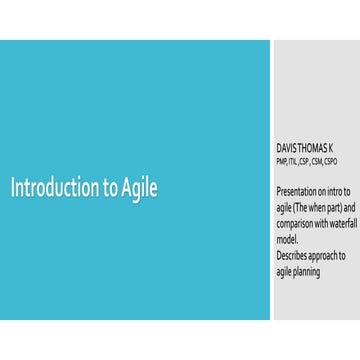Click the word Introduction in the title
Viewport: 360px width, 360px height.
pyautogui.click(x=55, y=189)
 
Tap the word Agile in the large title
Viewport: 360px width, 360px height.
pyautogui.click(x=140, y=189)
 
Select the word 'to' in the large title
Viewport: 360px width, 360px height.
pyautogui.click(x=109, y=189)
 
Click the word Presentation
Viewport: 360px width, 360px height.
pyautogui.click(x=300, y=190)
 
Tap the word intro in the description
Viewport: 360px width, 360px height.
pyautogui.click(x=339, y=190)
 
